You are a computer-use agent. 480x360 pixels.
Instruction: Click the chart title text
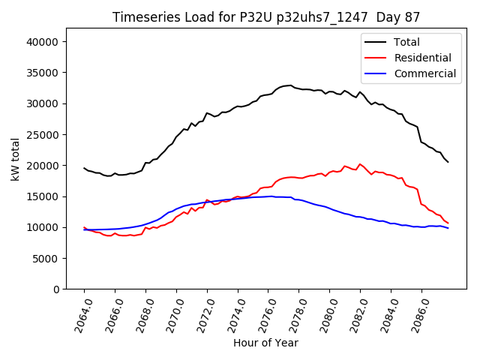coord(266,17)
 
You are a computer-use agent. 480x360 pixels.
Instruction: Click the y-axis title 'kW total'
coord(16,159)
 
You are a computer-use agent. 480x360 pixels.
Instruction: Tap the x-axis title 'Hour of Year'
coord(265,343)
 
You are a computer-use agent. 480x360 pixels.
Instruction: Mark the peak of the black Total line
coord(289,85)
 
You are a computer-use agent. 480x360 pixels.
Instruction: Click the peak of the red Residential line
coord(360,163)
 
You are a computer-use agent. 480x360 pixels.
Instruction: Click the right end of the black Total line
coord(448,162)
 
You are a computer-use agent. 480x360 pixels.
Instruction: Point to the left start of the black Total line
coord(84,168)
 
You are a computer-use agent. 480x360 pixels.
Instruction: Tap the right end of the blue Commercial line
coord(448,228)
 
